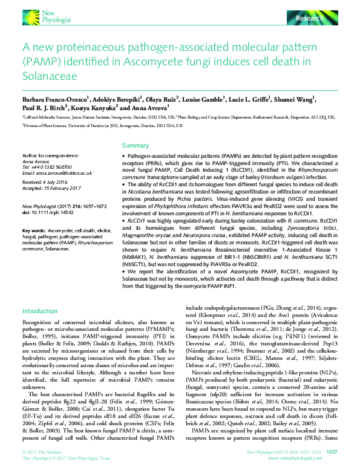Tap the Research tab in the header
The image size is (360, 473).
[x=310, y=19]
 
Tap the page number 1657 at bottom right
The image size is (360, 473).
[x=332, y=451]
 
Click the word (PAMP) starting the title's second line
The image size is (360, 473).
[x=39, y=62]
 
